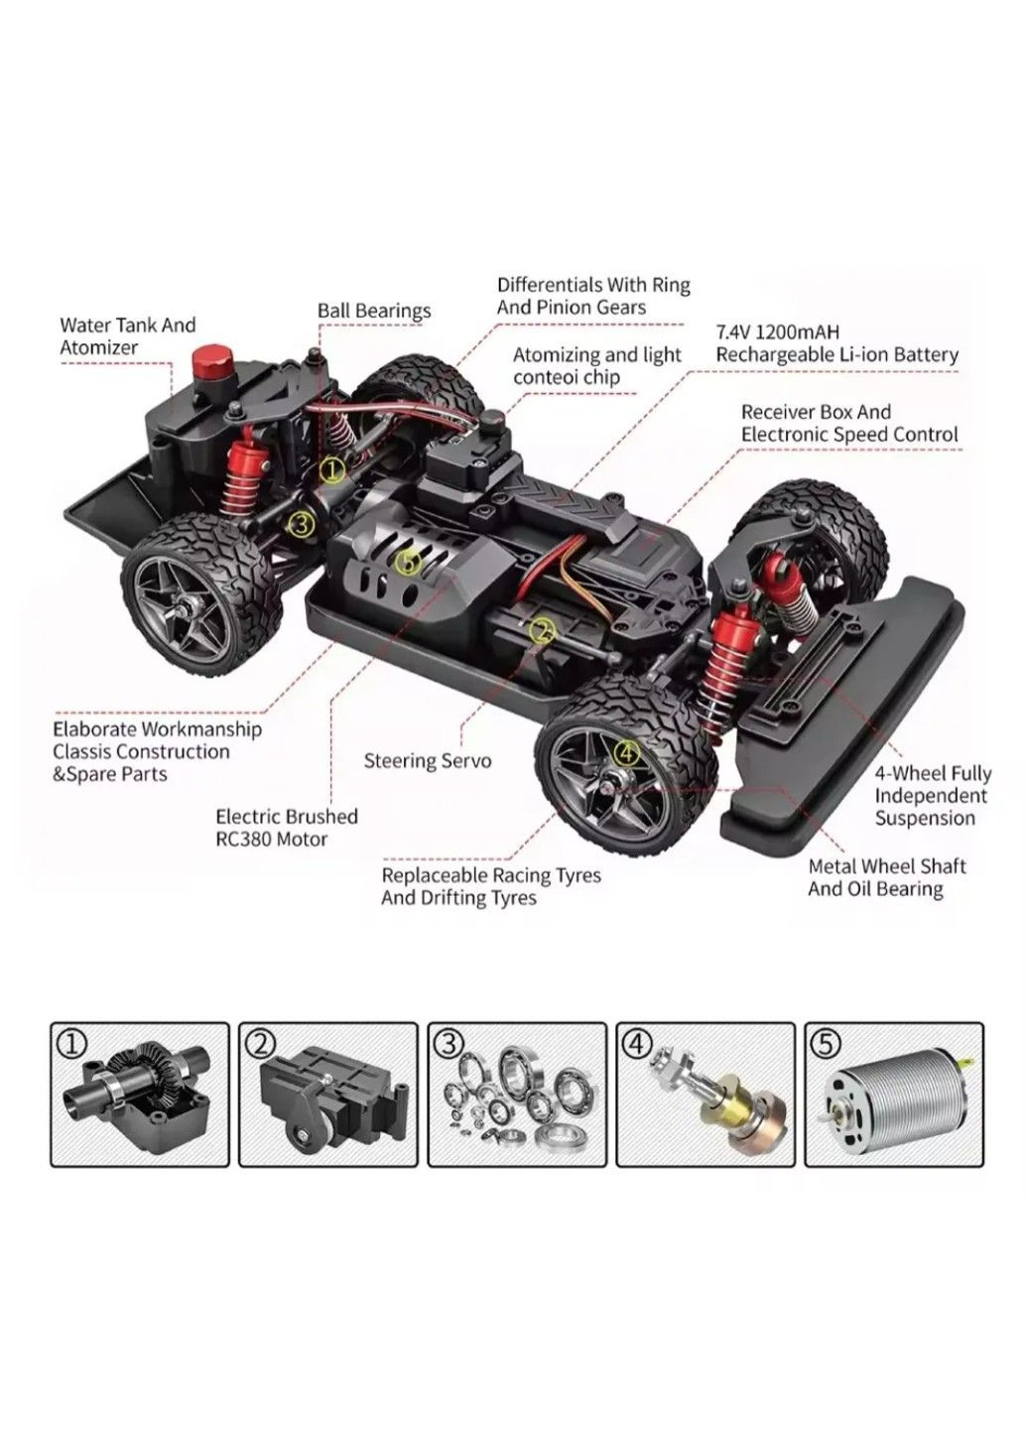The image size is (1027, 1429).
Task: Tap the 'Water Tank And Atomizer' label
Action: pos(127,336)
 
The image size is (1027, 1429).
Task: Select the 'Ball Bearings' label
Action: pos(374,311)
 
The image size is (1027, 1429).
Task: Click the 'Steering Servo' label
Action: pos(427,761)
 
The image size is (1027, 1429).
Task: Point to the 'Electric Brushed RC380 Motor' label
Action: pos(286,828)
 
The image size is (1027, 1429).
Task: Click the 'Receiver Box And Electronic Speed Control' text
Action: pos(849,423)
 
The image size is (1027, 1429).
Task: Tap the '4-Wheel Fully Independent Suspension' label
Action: pos(932,796)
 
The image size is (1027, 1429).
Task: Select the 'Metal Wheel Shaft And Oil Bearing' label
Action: pos(886,877)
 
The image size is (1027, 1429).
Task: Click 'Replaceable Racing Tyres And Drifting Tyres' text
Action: pos(491,886)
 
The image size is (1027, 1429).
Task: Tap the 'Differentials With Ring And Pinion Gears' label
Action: pos(592,296)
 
